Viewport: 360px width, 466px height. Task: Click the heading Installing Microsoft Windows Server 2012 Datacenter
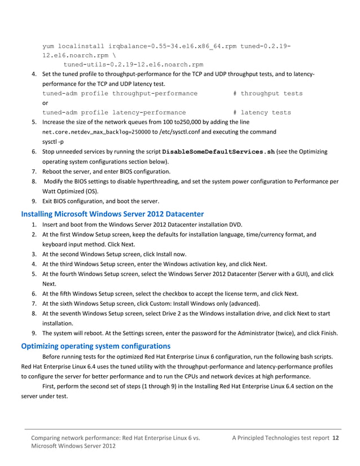point(112,214)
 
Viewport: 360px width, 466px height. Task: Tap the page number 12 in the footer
point(336,438)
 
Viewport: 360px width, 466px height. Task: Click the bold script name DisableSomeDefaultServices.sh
point(218,152)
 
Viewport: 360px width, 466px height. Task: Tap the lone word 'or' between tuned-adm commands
point(46,103)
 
